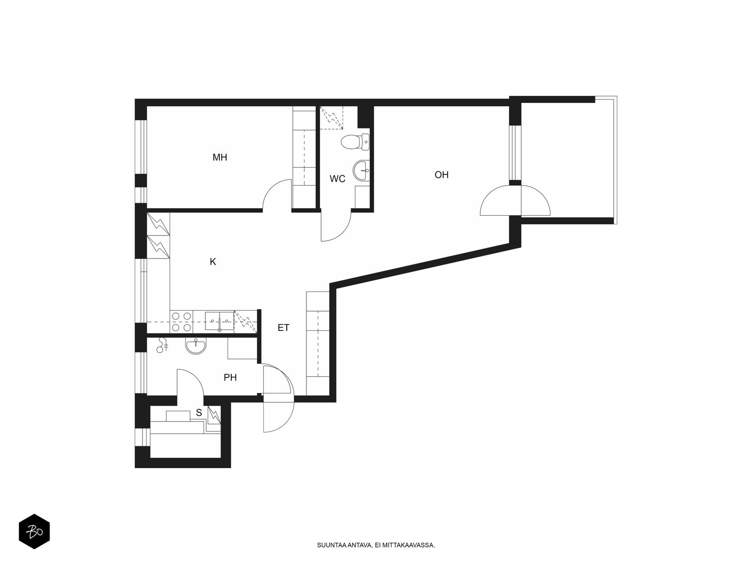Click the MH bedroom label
[219, 157]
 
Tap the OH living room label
[441, 175]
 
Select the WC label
[337, 179]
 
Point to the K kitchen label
[213, 262]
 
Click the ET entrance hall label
[283, 328]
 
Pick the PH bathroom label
[230, 377]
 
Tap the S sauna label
[199, 413]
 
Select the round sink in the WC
[361, 170]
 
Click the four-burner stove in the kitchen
[181, 321]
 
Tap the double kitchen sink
[219, 321]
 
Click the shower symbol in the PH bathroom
[162, 345]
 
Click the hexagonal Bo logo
[34, 532]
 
